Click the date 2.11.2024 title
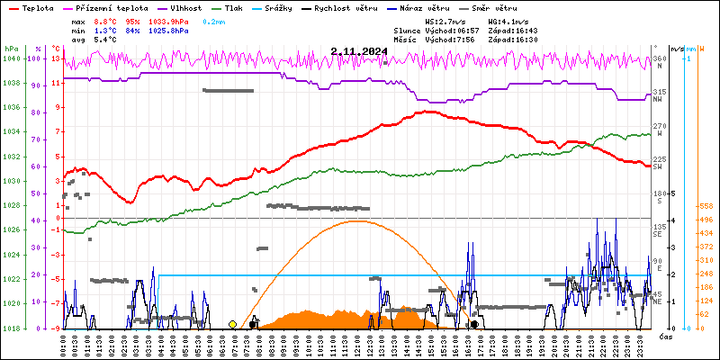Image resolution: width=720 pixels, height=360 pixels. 358,51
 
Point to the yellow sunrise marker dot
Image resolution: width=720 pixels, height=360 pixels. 233,324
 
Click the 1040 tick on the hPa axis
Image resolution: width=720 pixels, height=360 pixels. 10,58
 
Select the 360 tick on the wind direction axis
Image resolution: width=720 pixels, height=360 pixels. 660,58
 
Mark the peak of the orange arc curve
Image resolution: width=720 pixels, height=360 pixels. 357,220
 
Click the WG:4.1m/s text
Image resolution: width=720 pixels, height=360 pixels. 509,20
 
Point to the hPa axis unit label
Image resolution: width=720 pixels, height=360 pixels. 10,48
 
